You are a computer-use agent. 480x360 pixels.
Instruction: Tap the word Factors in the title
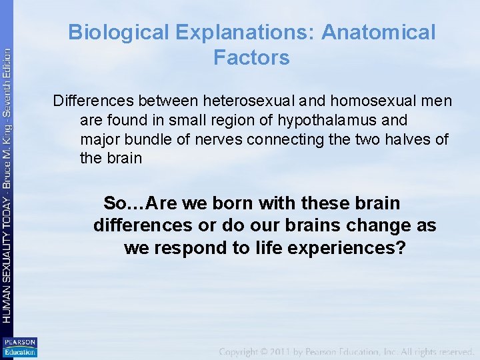pos(251,58)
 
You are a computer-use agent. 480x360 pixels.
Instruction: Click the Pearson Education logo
pos(20,347)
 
